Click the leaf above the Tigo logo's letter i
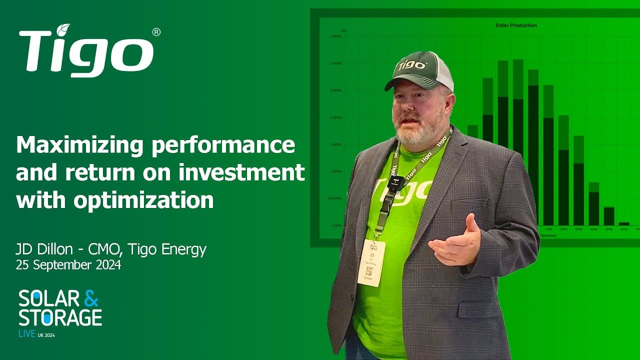coord(63,30)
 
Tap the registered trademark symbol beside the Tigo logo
coord(156,32)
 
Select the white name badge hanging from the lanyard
coord(371,262)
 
